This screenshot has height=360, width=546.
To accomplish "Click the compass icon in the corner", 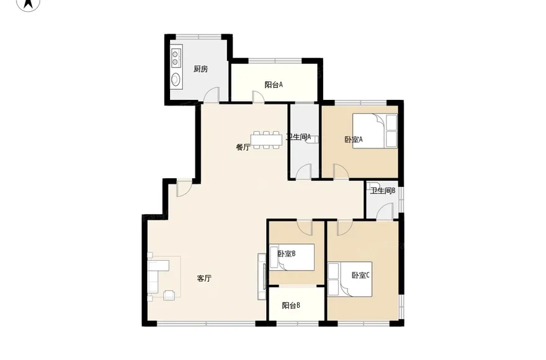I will tap(28, 5).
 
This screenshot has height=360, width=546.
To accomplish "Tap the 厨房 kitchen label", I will tap(200, 69).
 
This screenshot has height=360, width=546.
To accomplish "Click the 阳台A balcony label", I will tap(274, 84).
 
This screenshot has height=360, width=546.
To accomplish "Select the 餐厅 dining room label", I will tap(243, 147).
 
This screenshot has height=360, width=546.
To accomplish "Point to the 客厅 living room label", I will tap(205, 279).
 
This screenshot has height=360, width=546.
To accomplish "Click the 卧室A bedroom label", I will tap(353, 140).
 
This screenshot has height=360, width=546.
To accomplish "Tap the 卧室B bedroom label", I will tap(286, 253).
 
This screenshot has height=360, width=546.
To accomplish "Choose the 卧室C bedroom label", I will tap(360, 275).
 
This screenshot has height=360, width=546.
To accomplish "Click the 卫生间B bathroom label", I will tap(383, 191).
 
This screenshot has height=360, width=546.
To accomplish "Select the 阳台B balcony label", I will tap(291, 305).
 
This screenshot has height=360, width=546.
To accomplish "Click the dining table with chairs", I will tap(267, 138).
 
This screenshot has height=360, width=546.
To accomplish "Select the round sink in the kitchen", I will tap(176, 79).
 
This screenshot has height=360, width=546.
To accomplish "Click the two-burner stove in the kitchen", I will tap(176, 58).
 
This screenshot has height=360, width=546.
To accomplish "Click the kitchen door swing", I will tap(212, 94).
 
